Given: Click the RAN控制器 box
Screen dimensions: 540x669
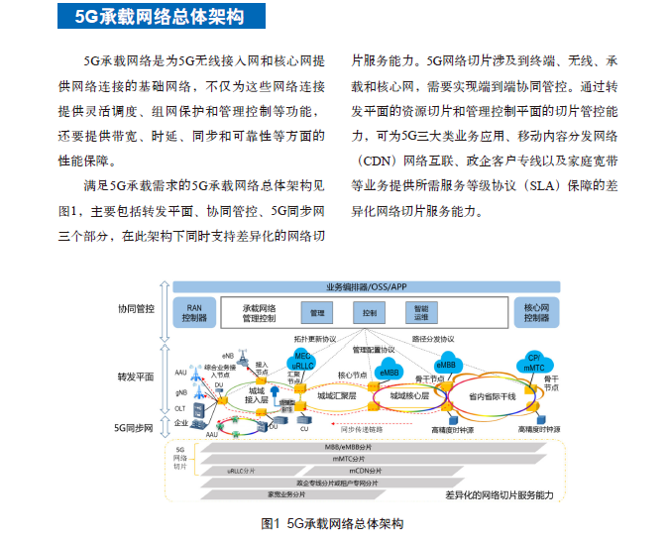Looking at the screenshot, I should coord(194,313).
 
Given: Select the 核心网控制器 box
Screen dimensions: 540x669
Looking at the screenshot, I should coord(540,313).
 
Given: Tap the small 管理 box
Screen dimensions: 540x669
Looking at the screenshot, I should coord(317,313).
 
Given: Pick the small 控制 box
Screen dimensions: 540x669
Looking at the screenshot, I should coord(370,313).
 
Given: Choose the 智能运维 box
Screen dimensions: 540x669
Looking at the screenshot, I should coord(421,313).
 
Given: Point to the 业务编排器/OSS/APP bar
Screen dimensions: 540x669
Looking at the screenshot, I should coord(367,287).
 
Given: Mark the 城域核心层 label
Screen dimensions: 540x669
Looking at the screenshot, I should coord(408,395).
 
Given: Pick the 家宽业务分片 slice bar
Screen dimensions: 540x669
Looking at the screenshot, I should coord(286,493).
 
